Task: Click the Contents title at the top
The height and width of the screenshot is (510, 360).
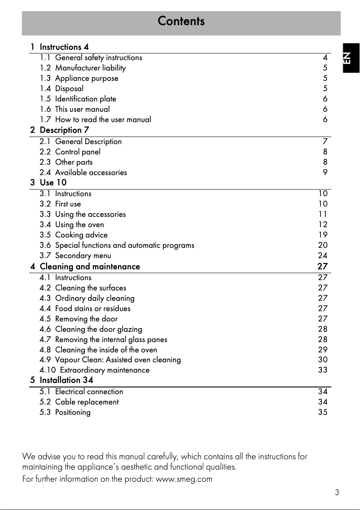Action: click(x=181, y=21)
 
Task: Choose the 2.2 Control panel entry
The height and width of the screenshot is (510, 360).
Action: click(x=70, y=152)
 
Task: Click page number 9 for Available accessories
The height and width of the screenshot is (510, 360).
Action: click(x=325, y=172)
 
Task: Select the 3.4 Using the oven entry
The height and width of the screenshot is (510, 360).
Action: click(x=72, y=224)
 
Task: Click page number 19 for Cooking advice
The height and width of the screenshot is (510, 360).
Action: click(x=323, y=235)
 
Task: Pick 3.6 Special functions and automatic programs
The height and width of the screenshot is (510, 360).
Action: click(x=117, y=245)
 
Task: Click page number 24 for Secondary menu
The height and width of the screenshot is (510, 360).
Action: click(x=323, y=256)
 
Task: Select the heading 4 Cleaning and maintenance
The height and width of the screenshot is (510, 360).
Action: click(x=85, y=267)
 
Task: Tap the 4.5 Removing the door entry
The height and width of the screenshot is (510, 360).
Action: click(x=79, y=319)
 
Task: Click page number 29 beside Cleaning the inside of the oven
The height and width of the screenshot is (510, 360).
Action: click(x=323, y=350)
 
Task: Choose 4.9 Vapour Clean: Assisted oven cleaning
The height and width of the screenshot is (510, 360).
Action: click(x=110, y=360)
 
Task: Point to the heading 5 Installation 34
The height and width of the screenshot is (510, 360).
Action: click(x=62, y=380)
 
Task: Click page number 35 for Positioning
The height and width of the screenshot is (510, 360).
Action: click(x=323, y=412)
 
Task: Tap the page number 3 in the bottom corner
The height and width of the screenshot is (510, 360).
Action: click(x=337, y=492)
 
